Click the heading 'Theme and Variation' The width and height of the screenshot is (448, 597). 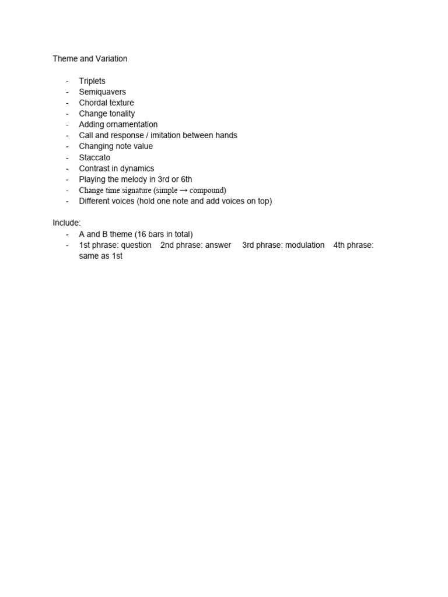click(90, 59)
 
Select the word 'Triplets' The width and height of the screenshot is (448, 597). click(92, 81)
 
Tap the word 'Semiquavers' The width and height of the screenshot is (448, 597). click(102, 92)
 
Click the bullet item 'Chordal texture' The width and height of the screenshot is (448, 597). click(106, 103)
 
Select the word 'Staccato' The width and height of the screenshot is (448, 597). click(94, 157)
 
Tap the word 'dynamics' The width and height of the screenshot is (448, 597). click(136, 168)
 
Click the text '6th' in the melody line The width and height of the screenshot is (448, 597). click(185, 180)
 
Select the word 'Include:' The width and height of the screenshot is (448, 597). click(66, 223)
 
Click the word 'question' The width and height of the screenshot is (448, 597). click(136, 245)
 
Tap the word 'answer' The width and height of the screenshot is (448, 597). click(218, 245)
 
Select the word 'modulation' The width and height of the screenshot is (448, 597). click(304, 245)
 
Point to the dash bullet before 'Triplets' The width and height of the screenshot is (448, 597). click(68, 81)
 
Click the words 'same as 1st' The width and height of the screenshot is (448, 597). click(101, 256)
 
